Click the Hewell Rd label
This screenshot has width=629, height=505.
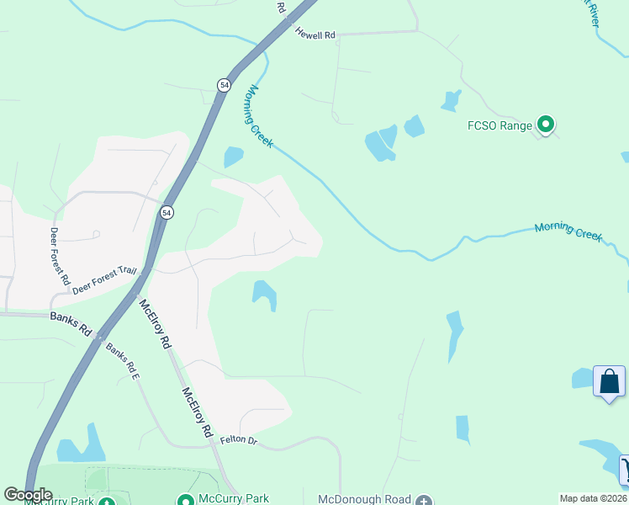(315, 35)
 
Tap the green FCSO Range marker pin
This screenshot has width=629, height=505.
(546, 125)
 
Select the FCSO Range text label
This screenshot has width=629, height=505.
(499, 126)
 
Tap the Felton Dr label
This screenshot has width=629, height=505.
(237, 440)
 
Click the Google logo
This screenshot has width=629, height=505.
(28, 495)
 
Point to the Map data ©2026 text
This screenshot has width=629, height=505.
(594, 498)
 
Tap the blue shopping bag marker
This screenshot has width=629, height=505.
(609, 382)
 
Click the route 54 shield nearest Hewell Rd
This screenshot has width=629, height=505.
(223, 85)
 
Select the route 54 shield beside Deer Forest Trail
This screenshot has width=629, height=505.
(166, 214)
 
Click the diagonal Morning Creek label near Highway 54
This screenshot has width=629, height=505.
(260, 117)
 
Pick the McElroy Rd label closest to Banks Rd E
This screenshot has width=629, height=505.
(155, 325)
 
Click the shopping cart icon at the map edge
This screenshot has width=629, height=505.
(625, 470)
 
